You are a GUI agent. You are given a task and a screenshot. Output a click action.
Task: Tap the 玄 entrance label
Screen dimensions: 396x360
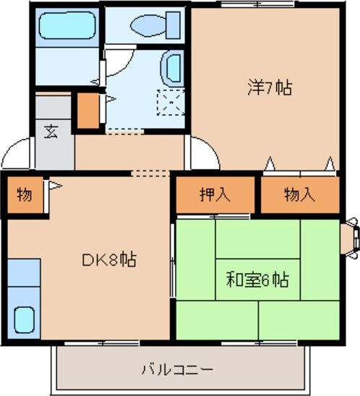click(x=52, y=132)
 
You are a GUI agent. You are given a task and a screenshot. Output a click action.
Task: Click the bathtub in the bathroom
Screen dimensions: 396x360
click(x=67, y=27)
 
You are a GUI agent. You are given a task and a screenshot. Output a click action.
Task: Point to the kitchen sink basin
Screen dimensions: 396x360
click(x=25, y=318)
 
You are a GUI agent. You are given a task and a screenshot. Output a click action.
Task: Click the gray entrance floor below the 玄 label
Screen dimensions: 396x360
click(x=55, y=154)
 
